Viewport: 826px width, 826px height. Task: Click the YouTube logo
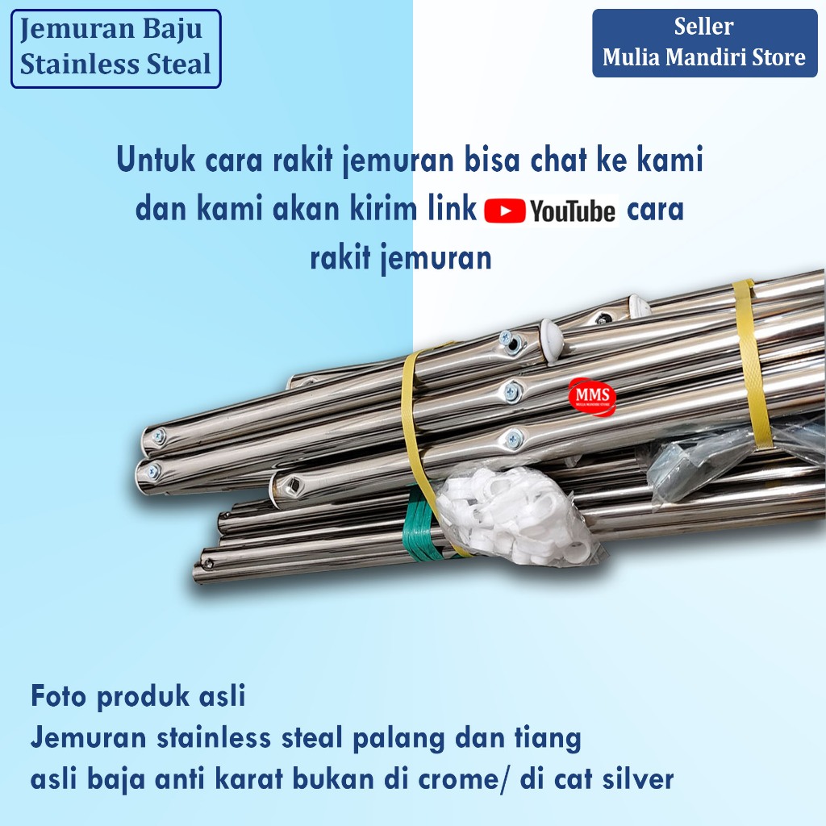point(552,211)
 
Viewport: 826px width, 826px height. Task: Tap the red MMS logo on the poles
point(592,395)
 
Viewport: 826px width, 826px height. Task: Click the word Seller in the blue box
point(704,27)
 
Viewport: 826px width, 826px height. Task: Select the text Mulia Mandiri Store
point(704,57)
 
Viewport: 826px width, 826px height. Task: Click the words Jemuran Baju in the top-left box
point(111,31)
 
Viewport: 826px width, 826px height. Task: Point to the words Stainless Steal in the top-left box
point(115,65)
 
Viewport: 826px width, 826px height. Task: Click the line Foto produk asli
point(138,696)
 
